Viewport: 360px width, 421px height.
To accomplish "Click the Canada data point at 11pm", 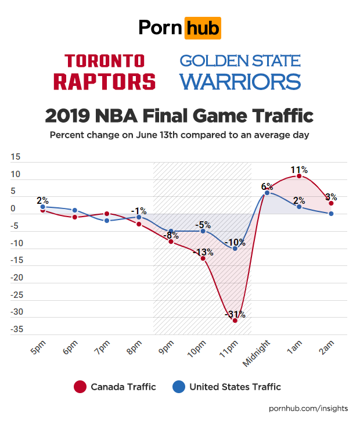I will [235, 320].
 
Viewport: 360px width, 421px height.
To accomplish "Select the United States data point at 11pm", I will [235, 249].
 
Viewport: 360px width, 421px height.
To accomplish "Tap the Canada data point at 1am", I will [299, 176].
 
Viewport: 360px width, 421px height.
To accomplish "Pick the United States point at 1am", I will [299, 207].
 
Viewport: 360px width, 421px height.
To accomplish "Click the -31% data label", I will [235, 315].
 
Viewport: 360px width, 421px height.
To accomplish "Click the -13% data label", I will [203, 253].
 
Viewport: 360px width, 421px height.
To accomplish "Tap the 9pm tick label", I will [167, 348].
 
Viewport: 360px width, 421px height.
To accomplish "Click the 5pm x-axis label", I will [38, 348].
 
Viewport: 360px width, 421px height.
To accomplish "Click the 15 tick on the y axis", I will [16, 157].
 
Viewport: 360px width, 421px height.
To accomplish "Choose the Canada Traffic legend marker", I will [80, 387].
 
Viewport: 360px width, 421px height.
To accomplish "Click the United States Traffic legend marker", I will [179, 387].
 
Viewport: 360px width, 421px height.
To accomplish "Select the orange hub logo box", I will [202, 27].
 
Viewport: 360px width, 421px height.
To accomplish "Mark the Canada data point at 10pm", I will [203, 258].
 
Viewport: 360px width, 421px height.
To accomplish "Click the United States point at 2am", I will [331, 214].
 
